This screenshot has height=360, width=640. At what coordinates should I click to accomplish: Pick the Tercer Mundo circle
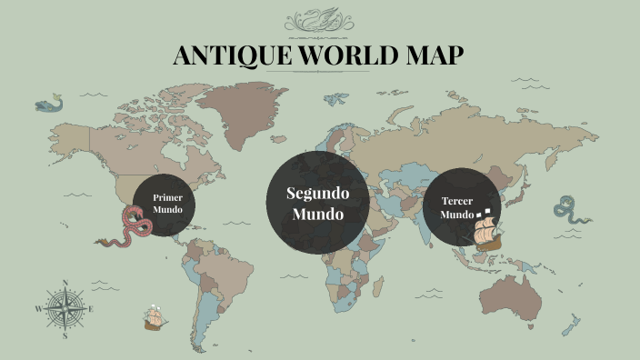(461, 208)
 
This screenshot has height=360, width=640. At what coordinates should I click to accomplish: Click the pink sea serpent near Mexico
(131, 227)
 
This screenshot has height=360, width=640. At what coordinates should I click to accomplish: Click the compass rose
(65, 308)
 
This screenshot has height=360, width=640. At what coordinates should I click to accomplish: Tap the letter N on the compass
(65, 283)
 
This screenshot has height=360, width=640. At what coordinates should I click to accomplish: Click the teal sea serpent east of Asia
(572, 210)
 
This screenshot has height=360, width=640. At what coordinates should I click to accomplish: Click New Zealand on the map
(572, 324)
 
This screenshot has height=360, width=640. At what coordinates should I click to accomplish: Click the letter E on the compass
(91, 309)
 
